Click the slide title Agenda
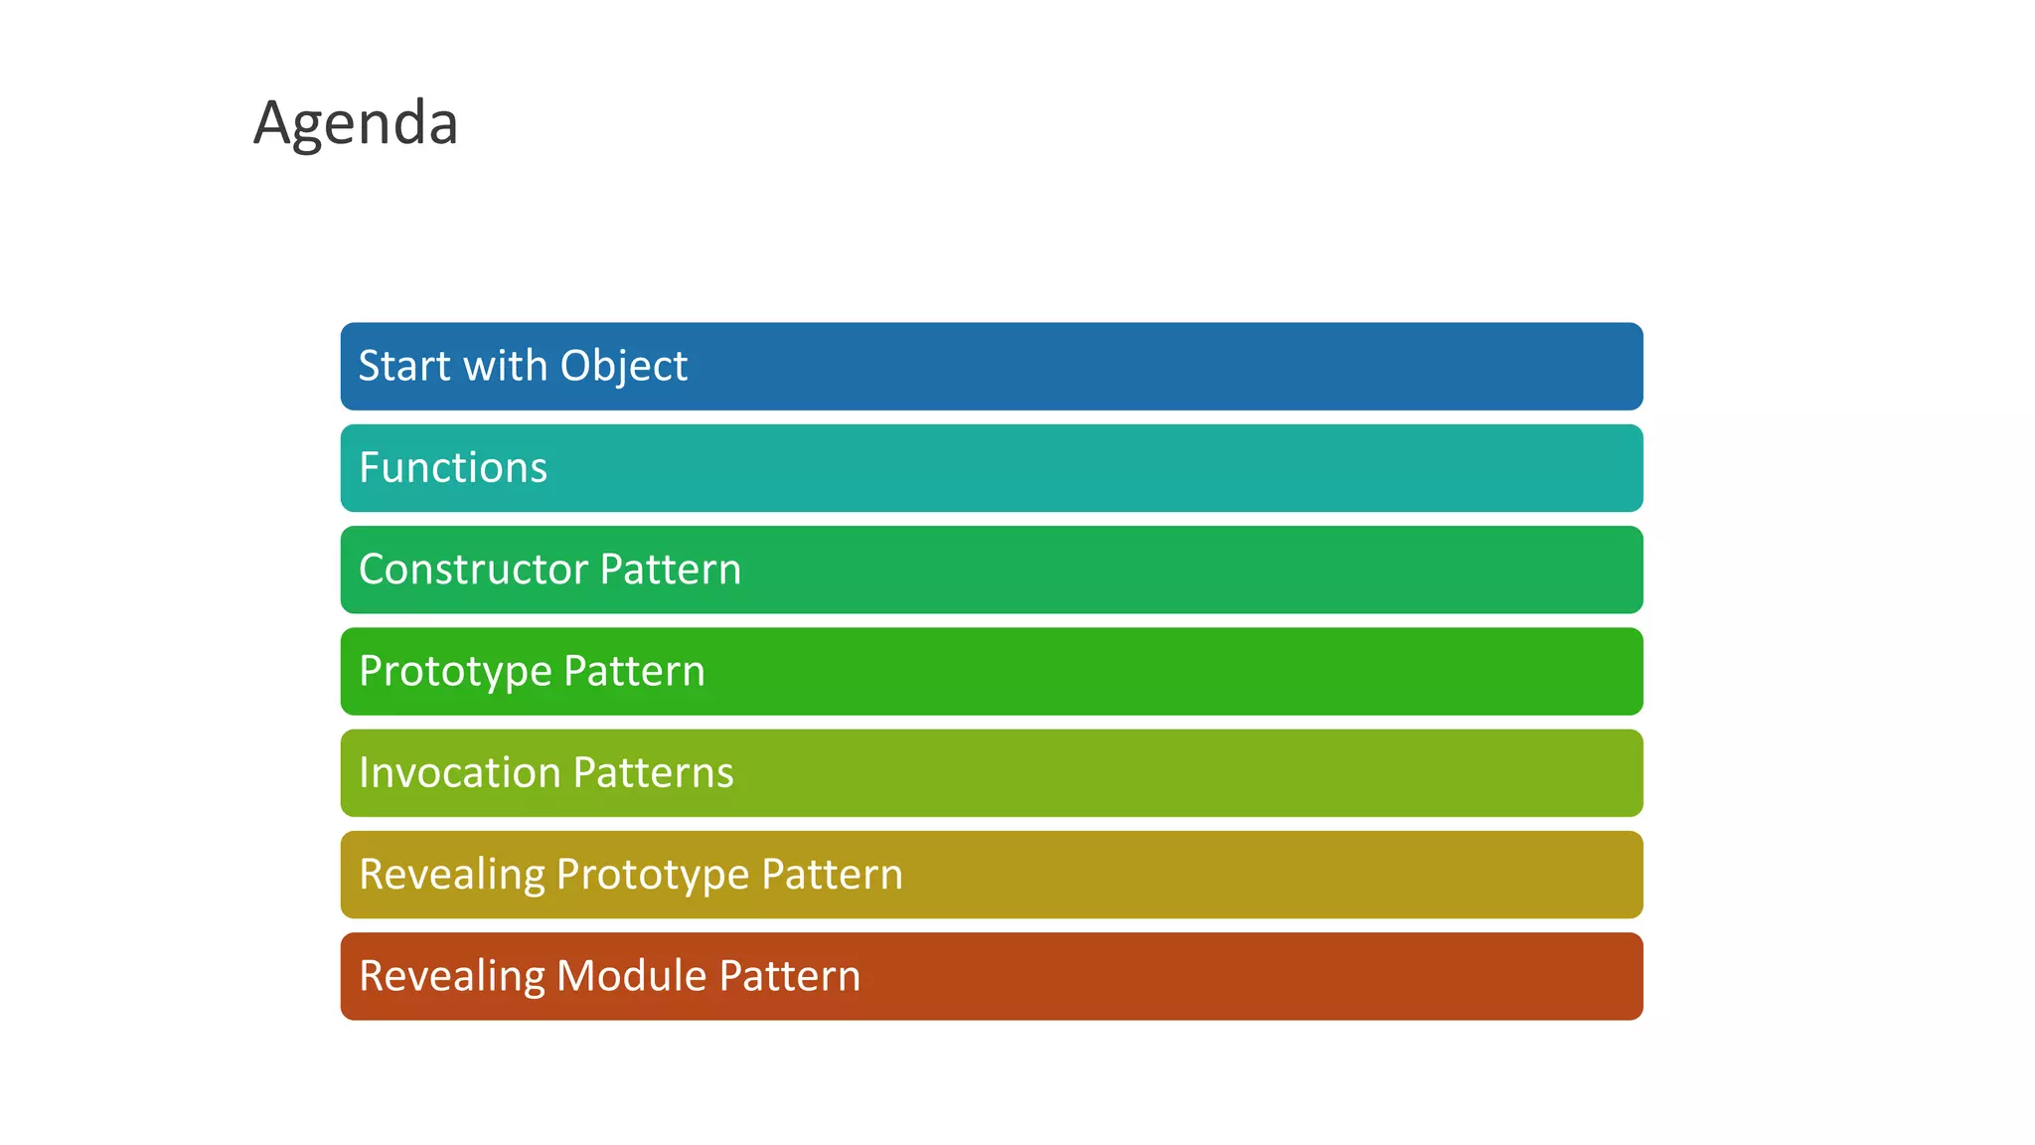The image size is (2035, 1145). click(356, 123)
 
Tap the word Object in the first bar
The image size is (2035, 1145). click(623, 366)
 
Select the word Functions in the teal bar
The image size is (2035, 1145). click(453, 468)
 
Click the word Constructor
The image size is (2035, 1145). click(472, 570)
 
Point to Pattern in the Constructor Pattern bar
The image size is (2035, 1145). click(671, 570)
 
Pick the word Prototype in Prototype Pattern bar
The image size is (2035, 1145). click(455, 672)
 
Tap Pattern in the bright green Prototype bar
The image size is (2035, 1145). click(634, 672)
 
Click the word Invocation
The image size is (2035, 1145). click(459, 773)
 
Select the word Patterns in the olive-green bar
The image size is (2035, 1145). click(653, 773)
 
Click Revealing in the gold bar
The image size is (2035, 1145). click(451, 875)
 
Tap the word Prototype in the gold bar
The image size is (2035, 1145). click(653, 875)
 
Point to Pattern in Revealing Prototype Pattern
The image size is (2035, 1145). click(832, 875)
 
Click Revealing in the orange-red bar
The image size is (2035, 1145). click(451, 976)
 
